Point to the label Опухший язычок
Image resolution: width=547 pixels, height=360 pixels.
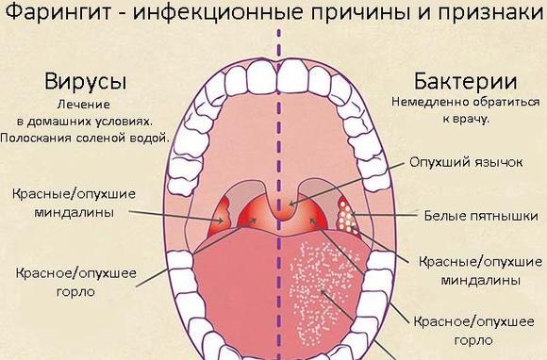466,162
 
